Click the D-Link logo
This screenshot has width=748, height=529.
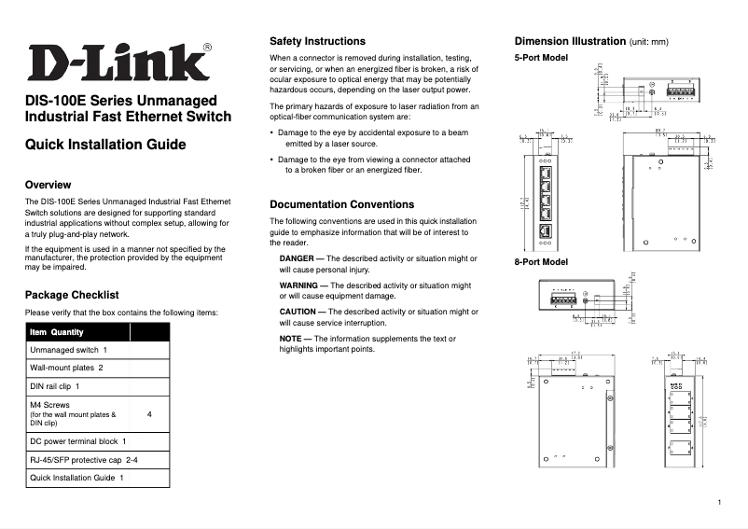click(x=118, y=63)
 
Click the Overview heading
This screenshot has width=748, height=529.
click(x=48, y=185)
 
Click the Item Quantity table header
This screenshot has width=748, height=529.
click(x=57, y=332)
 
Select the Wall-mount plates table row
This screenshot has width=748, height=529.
click(x=66, y=368)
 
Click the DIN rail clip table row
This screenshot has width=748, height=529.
click(x=55, y=385)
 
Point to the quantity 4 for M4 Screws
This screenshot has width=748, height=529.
click(x=149, y=413)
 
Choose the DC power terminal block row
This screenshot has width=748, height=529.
click(x=78, y=440)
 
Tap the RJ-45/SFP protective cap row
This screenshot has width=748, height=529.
click(x=84, y=459)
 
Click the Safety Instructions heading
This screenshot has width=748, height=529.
click(x=317, y=42)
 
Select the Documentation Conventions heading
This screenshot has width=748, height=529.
click(x=341, y=204)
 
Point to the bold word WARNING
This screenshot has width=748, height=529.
click(x=302, y=285)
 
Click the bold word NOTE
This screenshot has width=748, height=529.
click(x=293, y=338)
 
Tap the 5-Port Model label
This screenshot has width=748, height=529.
click(x=541, y=58)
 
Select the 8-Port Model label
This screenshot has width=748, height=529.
click(x=541, y=262)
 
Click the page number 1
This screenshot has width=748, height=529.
click(x=720, y=504)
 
